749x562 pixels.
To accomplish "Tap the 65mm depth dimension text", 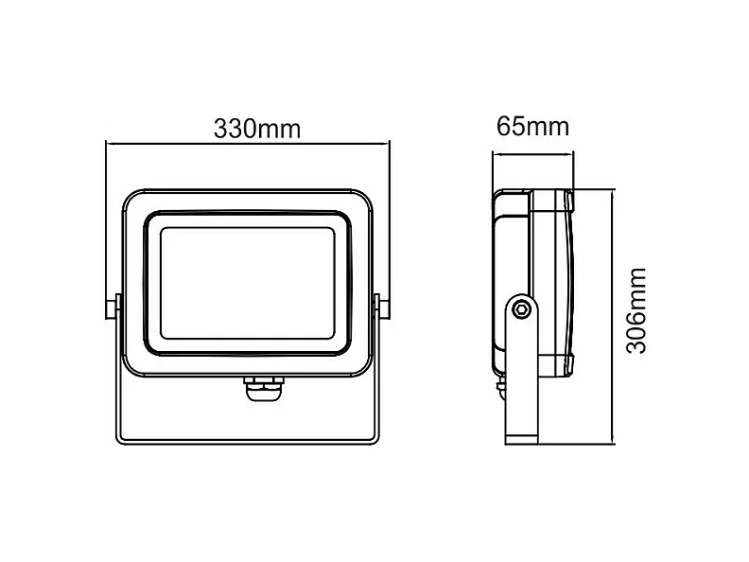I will (532, 127).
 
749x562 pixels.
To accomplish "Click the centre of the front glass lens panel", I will (248, 282).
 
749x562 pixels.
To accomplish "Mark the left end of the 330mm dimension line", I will (106, 144).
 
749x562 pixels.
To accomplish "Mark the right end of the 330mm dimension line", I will (389, 144).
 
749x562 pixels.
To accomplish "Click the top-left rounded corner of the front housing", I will (131, 194).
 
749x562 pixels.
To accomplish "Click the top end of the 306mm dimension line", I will (615, 191).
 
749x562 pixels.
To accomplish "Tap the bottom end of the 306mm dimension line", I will (615, 443).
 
